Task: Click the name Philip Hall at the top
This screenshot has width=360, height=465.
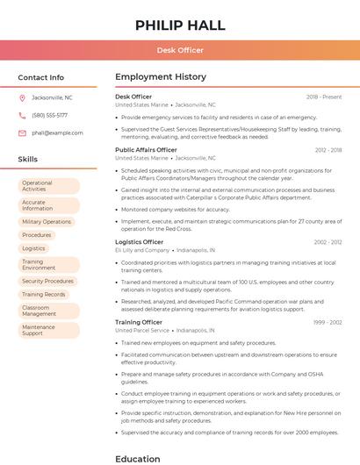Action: click(180, 25)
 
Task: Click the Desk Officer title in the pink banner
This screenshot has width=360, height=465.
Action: click(180, 50)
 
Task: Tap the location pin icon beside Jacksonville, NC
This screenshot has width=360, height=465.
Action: click(22, 97)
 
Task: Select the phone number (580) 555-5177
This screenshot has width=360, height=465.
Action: click(49, 115)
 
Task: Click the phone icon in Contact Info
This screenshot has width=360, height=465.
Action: click(22, 115)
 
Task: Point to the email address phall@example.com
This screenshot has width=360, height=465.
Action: click(57, 132)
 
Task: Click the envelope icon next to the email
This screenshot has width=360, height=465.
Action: click(22, 132)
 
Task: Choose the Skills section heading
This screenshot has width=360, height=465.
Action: click(28, 159)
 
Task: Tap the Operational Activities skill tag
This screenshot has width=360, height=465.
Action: click(48, 186)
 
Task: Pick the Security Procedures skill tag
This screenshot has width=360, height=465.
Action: click(47, 282)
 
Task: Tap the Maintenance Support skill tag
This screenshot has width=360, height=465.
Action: click(48, 330)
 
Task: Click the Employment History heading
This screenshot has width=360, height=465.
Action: click(160, 77)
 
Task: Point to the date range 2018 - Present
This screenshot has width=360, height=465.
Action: click(324, 97)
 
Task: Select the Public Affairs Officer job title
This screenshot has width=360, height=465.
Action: click(146, 150)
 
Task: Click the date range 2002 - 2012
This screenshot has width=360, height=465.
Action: click(328, 242)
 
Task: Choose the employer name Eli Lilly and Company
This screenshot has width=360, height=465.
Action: click(142, 250)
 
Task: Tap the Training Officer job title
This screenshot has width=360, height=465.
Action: click(139, 322)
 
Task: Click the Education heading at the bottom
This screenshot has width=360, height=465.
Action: click(138, 458)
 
